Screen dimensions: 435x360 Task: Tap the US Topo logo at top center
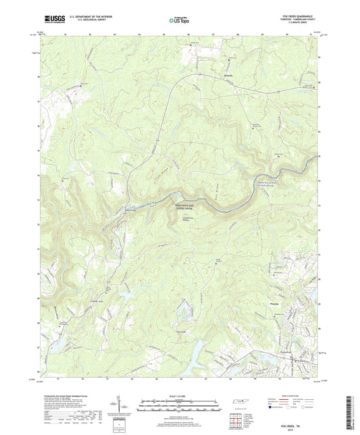pyautogui.click(x=178, y=20)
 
